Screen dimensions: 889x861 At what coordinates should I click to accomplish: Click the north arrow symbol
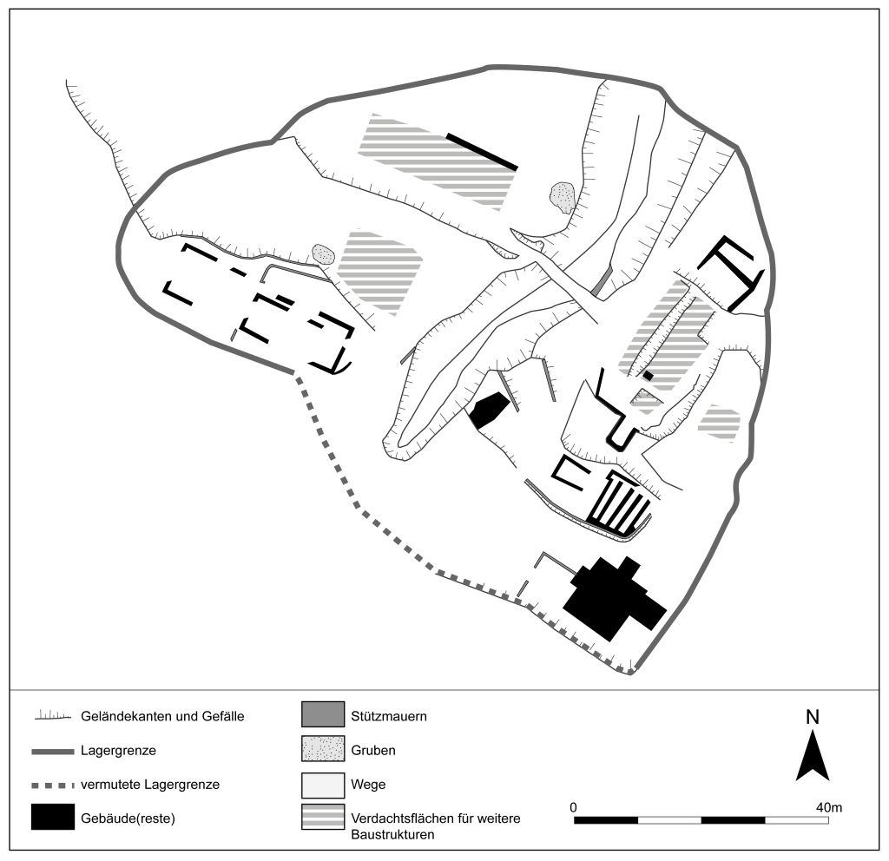tap(813, 756)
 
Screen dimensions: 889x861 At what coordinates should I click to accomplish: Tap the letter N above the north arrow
tap(813, 717)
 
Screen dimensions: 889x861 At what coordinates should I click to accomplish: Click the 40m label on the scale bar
tap(828, 807)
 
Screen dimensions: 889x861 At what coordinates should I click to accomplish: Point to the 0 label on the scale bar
tap(573, 807)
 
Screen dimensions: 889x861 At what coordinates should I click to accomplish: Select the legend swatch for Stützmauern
tap(323, 714)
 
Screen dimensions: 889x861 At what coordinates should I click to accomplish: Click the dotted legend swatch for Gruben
tap(323, 749)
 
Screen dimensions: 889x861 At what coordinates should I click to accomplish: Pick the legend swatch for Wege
tap(323, 785)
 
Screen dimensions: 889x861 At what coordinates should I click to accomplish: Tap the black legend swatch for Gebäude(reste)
tap(53, 817)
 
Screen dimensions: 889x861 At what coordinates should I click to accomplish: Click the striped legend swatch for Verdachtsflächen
tap(323, 817)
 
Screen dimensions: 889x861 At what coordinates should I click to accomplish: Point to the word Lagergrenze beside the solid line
tap(118, 751)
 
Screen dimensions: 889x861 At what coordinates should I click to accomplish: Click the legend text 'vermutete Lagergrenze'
tap(150, 785)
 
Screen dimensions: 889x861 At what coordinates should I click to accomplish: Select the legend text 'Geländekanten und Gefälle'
tap(162, 716)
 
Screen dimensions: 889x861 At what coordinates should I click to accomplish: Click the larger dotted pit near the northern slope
tap(563, 197)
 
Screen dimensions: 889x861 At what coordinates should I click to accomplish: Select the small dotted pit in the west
tap(323, 254)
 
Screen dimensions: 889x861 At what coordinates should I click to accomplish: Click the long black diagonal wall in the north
tap(482, 151)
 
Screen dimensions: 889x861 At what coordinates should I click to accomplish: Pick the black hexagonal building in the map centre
tap(489, 410)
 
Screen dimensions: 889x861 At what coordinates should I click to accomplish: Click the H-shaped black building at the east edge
tap(731, 273)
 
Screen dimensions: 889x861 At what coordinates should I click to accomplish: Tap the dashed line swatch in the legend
tap(53, 785)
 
